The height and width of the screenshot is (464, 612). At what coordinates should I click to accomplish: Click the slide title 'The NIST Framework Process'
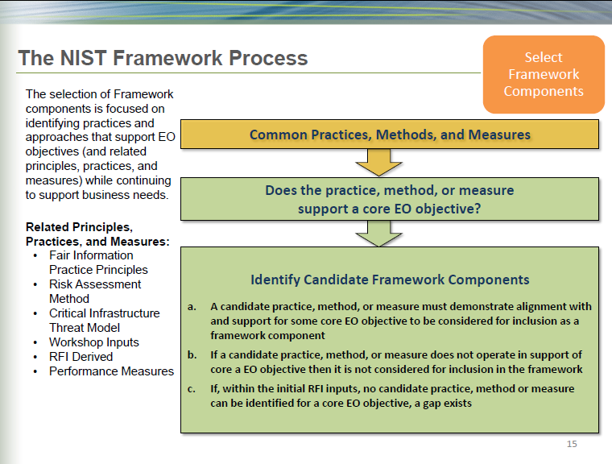pos(163,58)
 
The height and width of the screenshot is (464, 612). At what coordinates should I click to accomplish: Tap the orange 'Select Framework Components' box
pos(543,74)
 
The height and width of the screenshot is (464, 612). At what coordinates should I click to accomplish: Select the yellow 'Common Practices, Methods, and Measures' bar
pos(390,135)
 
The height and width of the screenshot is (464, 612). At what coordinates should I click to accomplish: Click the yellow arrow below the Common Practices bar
pos(378,163)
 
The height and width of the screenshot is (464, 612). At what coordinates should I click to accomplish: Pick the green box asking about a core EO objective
pos(390,200)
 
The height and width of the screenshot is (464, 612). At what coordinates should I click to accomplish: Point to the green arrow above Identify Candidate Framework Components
pos(378,234)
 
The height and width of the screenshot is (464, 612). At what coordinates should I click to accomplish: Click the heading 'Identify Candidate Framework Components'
pos(390,280)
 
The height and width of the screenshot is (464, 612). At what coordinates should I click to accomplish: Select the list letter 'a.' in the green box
pos(192,307)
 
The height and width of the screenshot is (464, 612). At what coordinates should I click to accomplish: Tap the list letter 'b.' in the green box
pos(192,354)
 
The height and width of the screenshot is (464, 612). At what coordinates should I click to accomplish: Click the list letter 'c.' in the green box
pos(192,388)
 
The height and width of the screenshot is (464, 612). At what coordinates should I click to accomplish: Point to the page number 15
pos(572,444)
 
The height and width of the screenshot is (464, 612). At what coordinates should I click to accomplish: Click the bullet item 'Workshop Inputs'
pos(94,342)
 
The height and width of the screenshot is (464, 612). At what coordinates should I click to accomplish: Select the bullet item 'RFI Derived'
pos(82,357)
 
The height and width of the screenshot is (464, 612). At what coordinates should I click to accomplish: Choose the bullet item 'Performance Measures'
pos(111,371)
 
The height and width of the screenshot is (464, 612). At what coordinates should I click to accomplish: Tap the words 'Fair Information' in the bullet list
pos(91,255)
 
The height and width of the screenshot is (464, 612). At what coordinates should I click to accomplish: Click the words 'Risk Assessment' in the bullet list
pos(95,284)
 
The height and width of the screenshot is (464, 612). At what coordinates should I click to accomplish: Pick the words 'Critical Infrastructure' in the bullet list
pos(105,313)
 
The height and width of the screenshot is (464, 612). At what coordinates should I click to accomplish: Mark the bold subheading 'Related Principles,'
pos(79,227)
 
